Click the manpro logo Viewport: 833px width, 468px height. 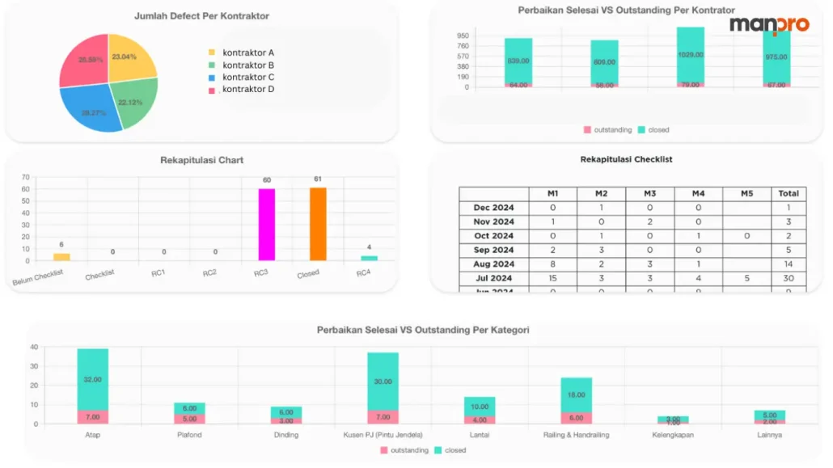[x=768, y=24]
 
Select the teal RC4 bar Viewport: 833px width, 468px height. [x=369, y=258]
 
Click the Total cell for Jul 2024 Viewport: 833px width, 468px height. [x=789, y=278]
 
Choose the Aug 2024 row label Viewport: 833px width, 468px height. [x=493, y=264]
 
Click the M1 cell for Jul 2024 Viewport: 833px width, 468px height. [x=552, y=278]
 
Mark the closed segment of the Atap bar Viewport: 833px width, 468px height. [x=93, y=379]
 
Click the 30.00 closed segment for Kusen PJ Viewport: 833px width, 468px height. [x=383, y=382]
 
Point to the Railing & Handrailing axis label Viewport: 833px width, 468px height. [x=577, y=435]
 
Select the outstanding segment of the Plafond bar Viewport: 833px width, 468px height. [x=189, y=419]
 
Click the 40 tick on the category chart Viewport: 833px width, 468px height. [x=34, y=348]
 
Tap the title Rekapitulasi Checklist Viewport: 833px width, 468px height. [x=626, y=159]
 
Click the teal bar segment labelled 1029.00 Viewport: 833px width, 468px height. [x=691, y=55]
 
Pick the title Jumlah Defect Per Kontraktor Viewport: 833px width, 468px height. [x=202, y=16]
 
